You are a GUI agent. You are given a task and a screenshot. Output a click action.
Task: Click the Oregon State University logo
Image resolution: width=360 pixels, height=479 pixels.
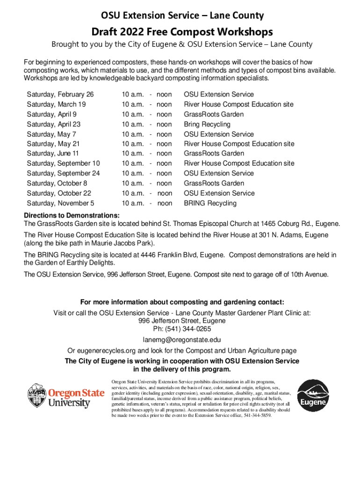pos(65,396)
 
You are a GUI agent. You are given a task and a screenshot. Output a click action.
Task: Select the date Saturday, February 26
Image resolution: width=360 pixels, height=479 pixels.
pos(60,94)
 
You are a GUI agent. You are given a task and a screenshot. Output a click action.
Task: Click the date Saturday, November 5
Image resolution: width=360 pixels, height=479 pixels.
pos(60,203)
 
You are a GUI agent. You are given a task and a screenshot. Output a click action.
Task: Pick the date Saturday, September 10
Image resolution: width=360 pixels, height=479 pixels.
pos(63,163)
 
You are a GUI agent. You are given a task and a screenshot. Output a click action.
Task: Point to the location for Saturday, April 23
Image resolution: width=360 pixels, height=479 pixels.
pos(207,124)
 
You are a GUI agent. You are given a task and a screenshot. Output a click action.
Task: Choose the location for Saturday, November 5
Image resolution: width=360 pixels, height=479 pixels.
pos(210,203)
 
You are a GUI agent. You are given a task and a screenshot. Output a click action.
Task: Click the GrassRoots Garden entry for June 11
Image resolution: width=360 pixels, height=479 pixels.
pos(214,153)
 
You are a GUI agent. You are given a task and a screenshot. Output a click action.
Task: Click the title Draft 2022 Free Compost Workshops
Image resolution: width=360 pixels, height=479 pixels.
pos(182,32)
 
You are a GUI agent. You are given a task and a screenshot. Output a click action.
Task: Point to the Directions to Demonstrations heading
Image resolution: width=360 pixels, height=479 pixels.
pos(72,215)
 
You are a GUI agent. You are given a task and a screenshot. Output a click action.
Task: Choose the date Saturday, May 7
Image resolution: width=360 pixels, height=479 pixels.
pos(51,134)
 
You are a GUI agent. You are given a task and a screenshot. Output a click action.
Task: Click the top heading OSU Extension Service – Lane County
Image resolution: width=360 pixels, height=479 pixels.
pos(182,16)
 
